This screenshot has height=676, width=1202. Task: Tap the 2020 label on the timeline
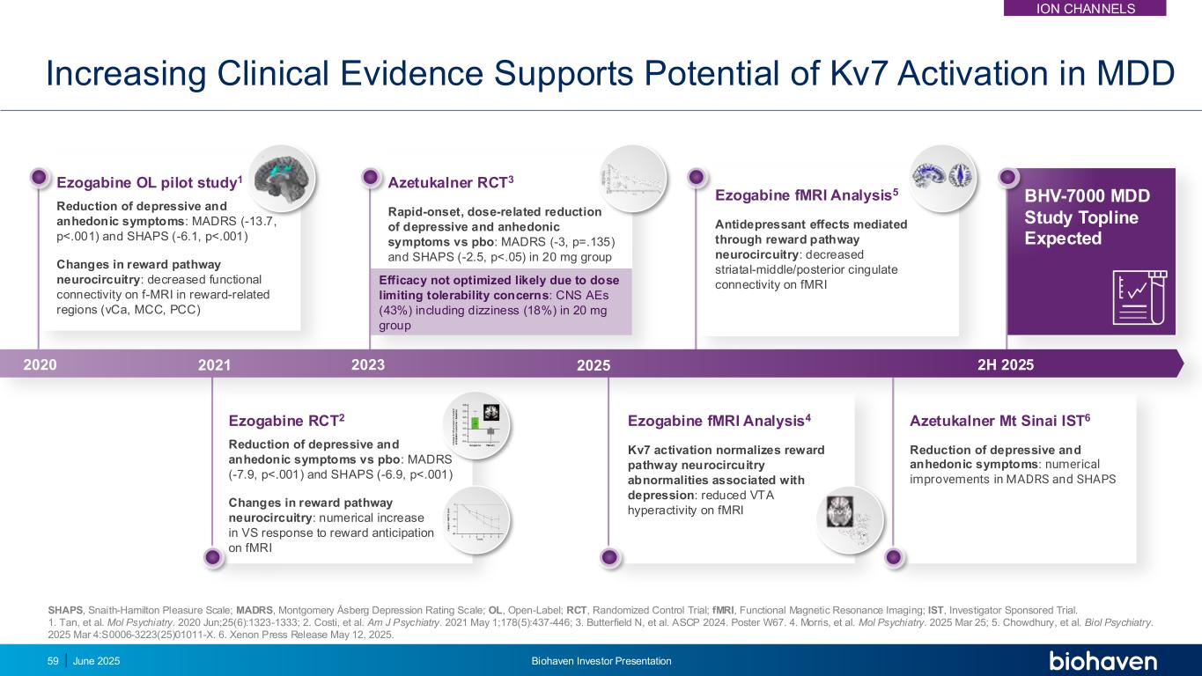point(39,364)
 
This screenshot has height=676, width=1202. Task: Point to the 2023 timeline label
point(368,364)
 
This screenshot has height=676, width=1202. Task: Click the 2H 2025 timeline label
point(1006,364)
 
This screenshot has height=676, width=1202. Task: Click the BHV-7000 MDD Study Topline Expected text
point(1088,217)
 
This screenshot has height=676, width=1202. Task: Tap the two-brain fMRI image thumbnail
point(942,177)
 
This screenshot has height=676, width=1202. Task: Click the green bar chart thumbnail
point(478,425)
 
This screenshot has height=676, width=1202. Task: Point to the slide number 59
point(53,661)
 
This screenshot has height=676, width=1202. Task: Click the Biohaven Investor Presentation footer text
point(601,661)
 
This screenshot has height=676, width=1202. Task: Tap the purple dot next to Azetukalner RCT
point(371,178)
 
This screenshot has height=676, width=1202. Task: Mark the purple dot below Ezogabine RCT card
point(212,557)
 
